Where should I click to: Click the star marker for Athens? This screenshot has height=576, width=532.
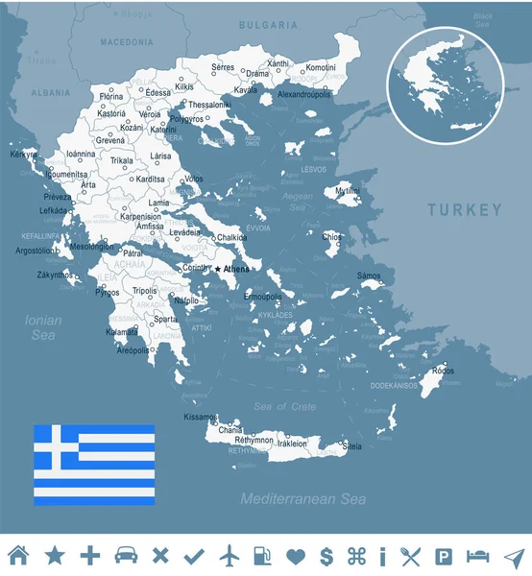(x=218, y=270)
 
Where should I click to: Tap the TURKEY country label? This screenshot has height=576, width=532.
(x=465, y=210)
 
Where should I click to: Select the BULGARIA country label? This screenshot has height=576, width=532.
(x=268, y=24)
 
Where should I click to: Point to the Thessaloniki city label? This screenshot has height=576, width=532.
(x=210, y=104)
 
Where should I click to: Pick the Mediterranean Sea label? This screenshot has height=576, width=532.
(x=303, y=499)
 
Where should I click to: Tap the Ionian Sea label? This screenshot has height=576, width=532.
(x=44, y=327)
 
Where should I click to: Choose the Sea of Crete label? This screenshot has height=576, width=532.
(x=284, y=407)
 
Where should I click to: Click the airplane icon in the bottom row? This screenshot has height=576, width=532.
(x=228, y=555)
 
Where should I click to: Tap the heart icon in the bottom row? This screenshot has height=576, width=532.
(x=295, y=555)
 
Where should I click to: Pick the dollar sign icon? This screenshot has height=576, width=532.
(x=326, y=555)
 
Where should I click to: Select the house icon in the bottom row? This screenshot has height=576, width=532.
(x=18, y=555)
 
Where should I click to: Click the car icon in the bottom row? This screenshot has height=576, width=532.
(x=125, y=555)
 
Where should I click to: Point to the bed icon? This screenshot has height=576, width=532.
(x=477, y=555)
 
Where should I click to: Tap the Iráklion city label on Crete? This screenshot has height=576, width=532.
(x=291, y=444)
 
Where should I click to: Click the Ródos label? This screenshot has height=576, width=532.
(x=443, y=371)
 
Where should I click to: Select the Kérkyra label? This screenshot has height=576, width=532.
(x=23, y=154)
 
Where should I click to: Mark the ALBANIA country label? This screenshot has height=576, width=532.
(x=51, y=93)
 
